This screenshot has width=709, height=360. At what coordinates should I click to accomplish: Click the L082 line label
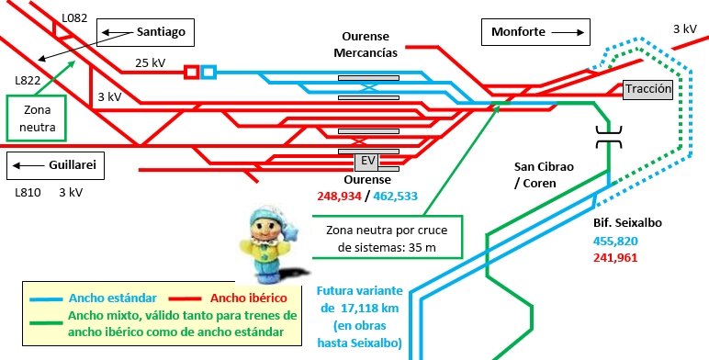pos(74,17)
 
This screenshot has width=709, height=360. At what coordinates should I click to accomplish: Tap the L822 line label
pos(28,80)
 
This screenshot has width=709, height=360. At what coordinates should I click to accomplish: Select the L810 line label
pos(29,194)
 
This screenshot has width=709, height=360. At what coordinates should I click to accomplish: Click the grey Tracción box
pos(647,89)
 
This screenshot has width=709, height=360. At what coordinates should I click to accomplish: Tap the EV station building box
pos(368,162)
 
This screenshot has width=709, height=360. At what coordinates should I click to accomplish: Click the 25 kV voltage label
pos(150,62)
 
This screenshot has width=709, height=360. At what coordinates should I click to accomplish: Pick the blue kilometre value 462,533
pos(396,196)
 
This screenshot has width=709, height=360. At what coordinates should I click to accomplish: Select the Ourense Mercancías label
pos(365,44)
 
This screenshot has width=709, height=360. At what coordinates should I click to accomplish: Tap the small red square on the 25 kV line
pos(191,72)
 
